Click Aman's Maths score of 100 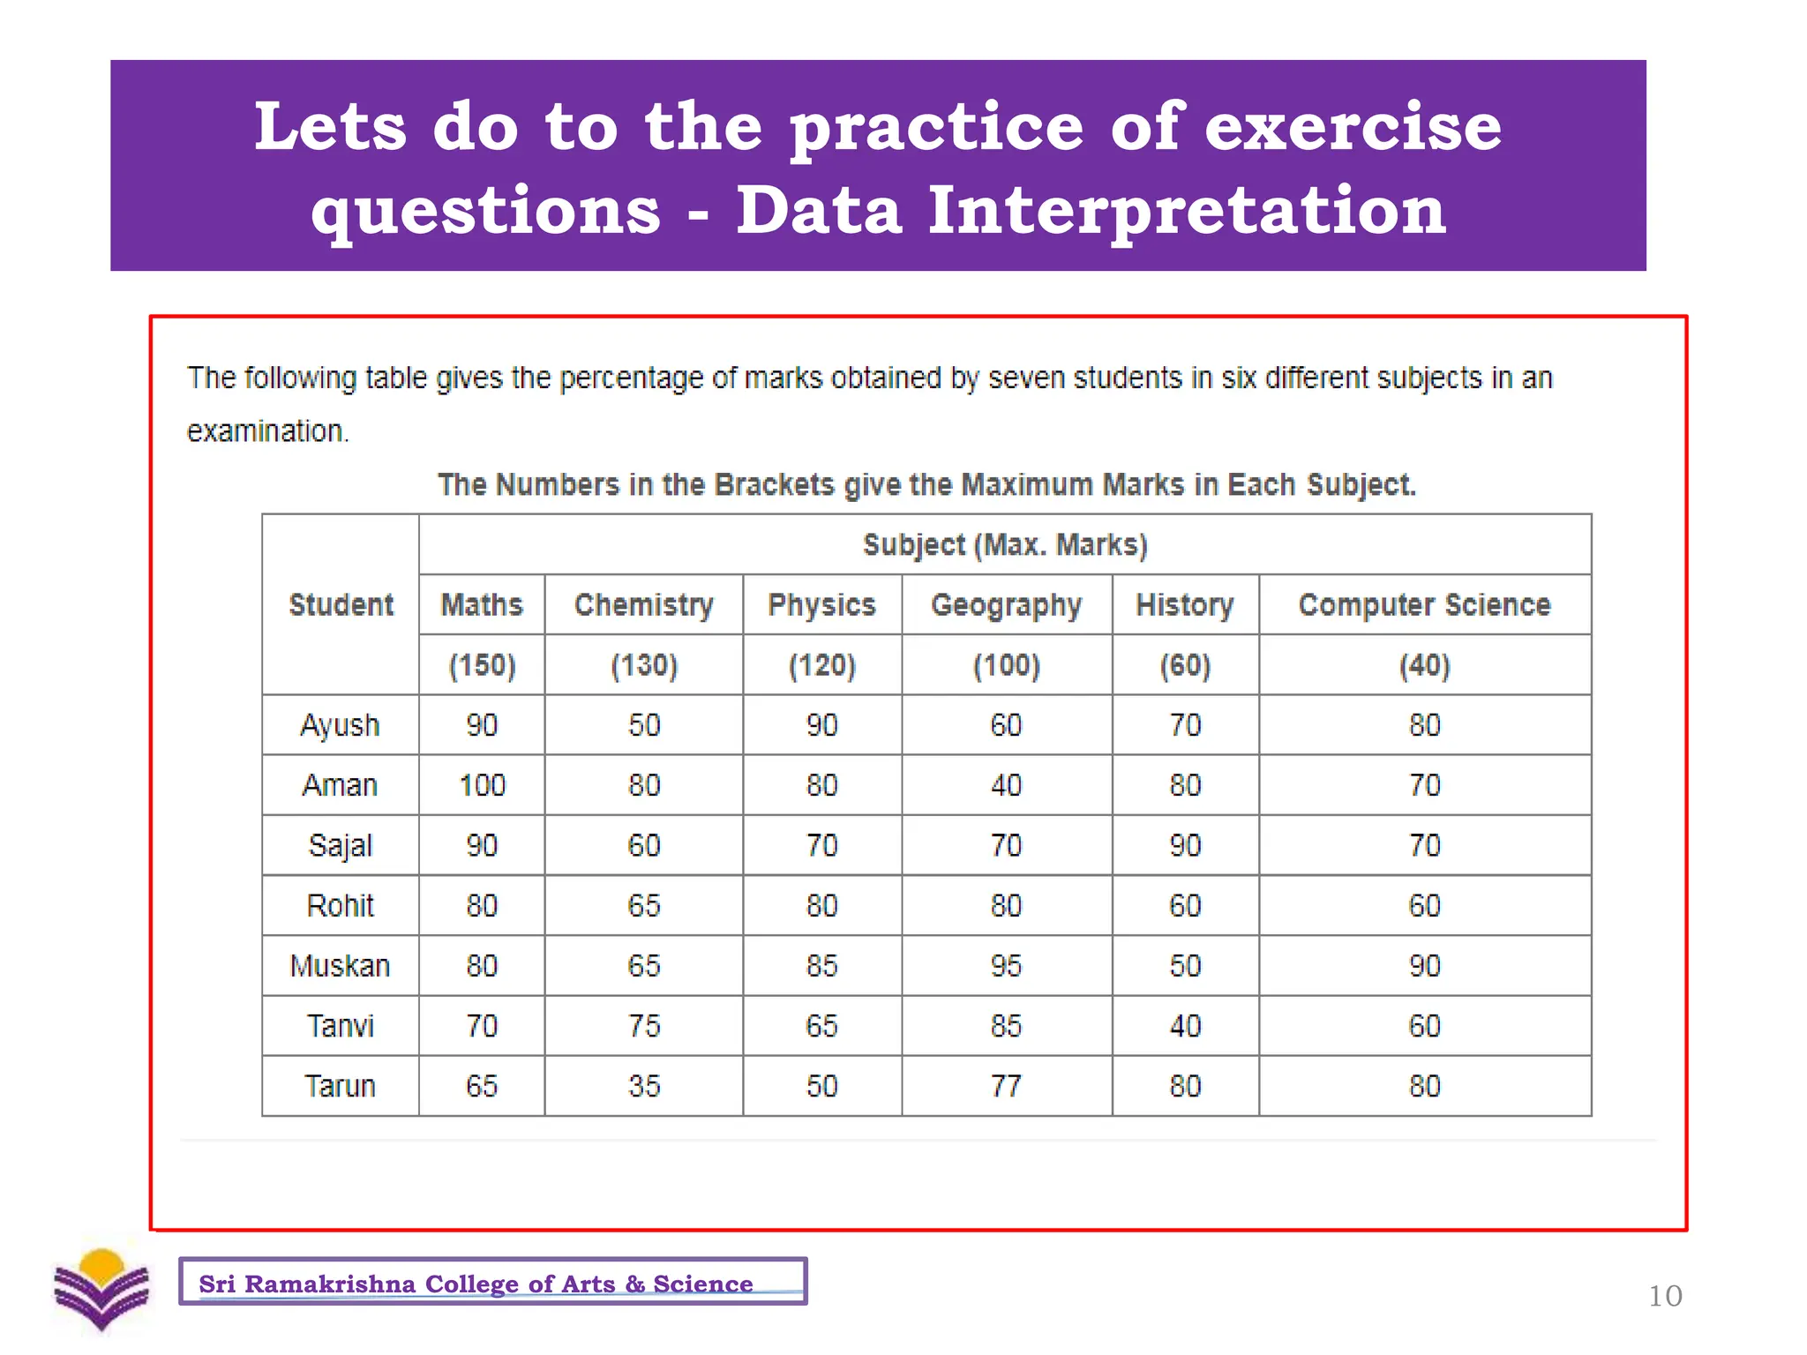click(x=482, y=785)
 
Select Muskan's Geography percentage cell click(x=1006, y=965)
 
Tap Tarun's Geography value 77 click(x=1006, y=1086)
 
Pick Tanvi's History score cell click(x=1185, y=1026)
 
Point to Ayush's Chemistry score click(x=644, y=725)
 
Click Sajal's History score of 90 click(x=1185, y=845)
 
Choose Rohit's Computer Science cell click(x=1424, y=905)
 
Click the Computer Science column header click(x=1424, y=604)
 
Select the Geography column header click(x=1006, y=604)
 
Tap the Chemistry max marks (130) click(x=644, y=664)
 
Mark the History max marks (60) click(x=1185, y=664)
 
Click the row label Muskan click(x=340, y=966)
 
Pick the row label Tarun click(x=340, y=1086)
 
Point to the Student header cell click(x=341, y=604)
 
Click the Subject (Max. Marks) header click(x=1005, y=544)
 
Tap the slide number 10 click(x=1665, y=1296)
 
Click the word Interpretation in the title click(x=1186, y=211)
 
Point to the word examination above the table click(x=266, y=430)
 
